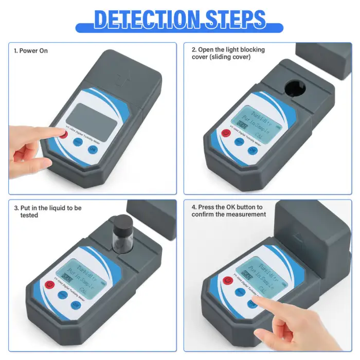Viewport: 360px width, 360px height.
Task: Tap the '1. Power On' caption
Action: pos(31,51)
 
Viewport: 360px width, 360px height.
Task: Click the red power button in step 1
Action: pos(64,135)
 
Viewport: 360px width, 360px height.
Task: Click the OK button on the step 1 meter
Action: pos(93,150)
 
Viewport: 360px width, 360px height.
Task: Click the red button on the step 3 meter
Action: pos(50,284)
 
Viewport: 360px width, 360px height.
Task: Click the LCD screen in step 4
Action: pos(260,276)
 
